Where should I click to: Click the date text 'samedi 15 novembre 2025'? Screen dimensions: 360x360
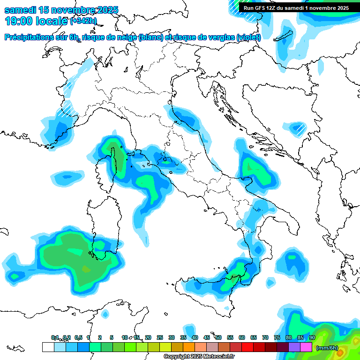pos(61,10)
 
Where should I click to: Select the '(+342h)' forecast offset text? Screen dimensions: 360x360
pos(83,21)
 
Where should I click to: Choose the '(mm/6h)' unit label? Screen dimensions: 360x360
pos(327,348)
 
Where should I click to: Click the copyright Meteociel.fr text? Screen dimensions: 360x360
pos(199,357)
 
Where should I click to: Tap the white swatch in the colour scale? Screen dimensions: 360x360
pos(48,347)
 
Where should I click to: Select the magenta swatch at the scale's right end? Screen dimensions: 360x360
pos(307,347)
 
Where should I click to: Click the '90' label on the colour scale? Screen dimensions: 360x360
pos(312,337)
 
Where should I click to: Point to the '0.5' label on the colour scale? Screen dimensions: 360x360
pos(78,337)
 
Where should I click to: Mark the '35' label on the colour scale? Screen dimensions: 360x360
pos(183,337)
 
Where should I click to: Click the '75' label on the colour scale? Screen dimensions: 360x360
pos(277,337)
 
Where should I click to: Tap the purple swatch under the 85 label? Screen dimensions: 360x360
pos(295,347)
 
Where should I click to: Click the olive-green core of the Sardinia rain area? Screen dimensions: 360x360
pos(85,270)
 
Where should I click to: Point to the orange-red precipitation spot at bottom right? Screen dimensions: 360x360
pos(341,351)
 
